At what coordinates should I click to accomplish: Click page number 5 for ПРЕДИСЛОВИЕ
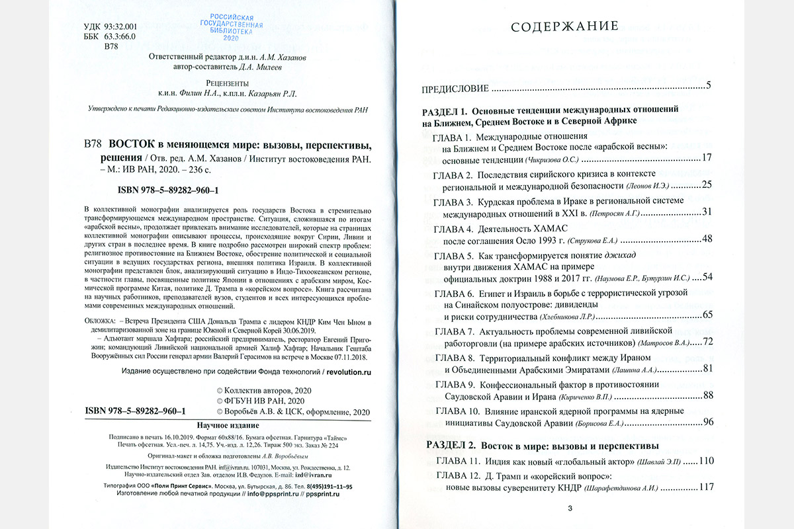click(x=708, y=87)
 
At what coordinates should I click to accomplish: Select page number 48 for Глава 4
click(x=707, y=239)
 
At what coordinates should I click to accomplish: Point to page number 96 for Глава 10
click(x=707, y=422)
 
